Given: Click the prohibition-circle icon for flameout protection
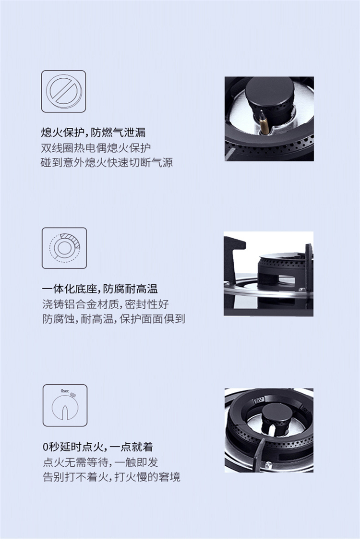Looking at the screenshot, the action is tap(64, 91).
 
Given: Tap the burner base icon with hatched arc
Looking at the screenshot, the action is tap(64, 248).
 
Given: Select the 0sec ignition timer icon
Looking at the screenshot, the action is tap(65, 405).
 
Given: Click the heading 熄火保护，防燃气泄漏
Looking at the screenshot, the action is tap(93, 133).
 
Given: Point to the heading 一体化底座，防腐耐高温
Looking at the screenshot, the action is tap(100, 289).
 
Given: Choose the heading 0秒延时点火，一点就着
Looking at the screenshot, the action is tap(97, 447).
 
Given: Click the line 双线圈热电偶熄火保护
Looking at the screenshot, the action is tap(96, 148).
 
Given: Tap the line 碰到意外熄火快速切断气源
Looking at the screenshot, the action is tap(107, 163).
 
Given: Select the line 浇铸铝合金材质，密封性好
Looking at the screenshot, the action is tap(105, 304).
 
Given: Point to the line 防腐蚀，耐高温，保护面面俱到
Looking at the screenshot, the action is tap(113, 319).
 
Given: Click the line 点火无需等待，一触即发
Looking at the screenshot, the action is tap(100, 462).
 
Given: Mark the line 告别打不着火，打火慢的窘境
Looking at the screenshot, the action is tap(111, 477).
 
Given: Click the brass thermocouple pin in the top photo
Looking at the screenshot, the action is tap(264, 123).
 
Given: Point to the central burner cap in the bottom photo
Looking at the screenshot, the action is tap(277, 414).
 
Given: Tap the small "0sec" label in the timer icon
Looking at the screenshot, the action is tap(65, 391).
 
